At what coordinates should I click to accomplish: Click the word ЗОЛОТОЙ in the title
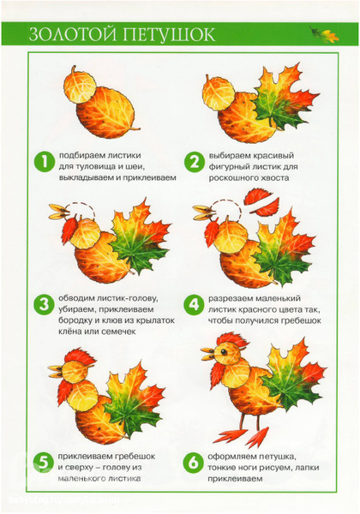point(73,34)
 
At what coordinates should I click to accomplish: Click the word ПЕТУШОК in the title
point(169,34)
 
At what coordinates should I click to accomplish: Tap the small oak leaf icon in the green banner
point(324,34)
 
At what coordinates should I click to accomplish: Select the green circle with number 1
point(44,162)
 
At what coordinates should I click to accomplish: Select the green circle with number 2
point(194,162)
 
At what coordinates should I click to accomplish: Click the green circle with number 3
point(44,304)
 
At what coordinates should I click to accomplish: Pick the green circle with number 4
point(194,304)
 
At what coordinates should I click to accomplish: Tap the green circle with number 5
point(43,463)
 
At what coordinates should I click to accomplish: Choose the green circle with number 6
point(194,463)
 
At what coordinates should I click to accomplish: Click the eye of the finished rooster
point(224,352)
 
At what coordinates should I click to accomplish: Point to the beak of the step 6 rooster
point(208,354)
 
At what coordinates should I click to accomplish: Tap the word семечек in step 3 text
point(118,332)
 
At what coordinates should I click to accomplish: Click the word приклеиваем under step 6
point(235,479)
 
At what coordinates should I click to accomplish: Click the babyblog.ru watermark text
point(64,499)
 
